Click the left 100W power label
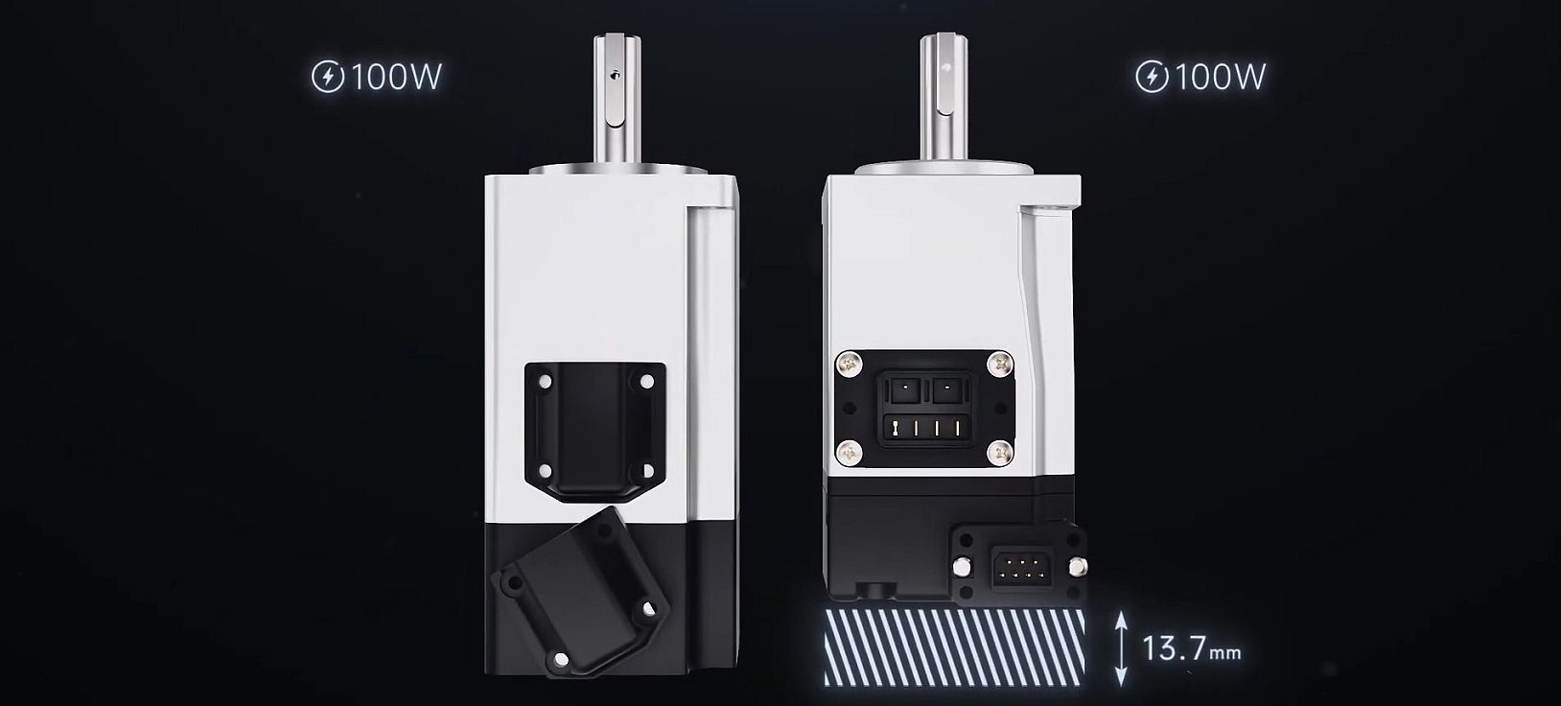point(396,77)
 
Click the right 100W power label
point(1220,77)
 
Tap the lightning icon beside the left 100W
point(328,77)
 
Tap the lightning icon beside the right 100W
point(1152,77)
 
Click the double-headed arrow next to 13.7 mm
point(1120,649)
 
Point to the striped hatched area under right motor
point(954,647)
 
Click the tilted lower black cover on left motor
point(582,590)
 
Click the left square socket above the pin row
point(902,390)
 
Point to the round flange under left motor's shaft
point(614,171)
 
